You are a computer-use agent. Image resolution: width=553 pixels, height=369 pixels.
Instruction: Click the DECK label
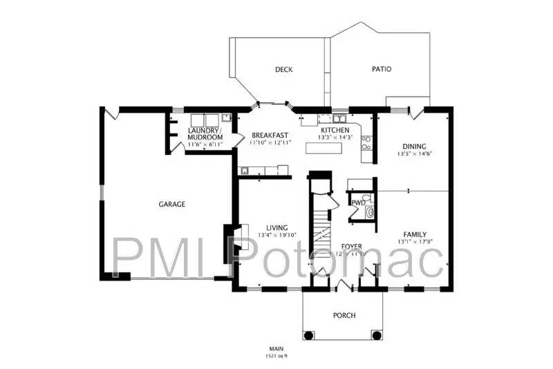[x=283, y=69]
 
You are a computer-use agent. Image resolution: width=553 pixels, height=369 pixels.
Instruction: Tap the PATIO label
[x=381, y=69]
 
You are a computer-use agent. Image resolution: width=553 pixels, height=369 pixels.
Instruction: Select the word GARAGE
[x=171, y=205]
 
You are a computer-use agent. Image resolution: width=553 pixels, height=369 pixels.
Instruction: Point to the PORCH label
[x=344, y=315]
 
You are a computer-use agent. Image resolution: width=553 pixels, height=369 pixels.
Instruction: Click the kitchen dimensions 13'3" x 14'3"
[x=335, y=138]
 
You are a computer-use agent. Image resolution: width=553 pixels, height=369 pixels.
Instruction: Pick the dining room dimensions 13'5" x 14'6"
[x=415, y=154]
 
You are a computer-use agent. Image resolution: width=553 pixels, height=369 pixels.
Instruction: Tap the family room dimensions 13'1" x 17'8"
[x=415, y=242]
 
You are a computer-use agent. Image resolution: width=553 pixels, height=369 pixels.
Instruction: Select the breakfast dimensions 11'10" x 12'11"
[x=270, y=142]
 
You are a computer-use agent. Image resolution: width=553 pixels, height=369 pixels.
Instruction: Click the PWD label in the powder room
[x=357, y=202]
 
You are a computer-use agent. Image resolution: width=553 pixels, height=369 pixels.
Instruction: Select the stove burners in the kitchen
[x=366, y=142]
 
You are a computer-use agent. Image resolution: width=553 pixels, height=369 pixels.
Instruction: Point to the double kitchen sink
[x=324, y=120]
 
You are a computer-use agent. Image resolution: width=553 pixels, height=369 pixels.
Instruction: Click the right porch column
[x=376, y=335]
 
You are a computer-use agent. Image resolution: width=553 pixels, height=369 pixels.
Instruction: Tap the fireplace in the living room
[x=235, y=243]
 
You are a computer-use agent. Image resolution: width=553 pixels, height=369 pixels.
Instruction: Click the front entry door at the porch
[x=343, y=286]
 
